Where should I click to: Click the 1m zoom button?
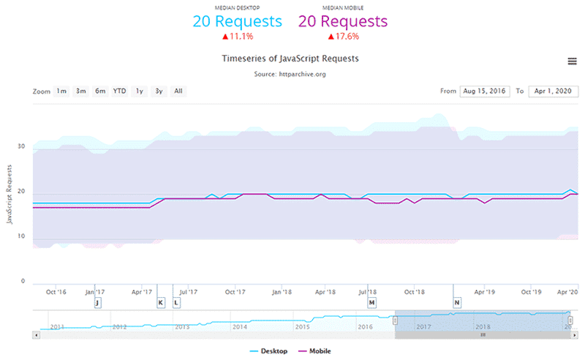(61, 91)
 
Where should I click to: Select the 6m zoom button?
(100, 91)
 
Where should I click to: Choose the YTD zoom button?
(119, 91)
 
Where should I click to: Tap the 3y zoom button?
(158, 91)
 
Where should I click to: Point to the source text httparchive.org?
(290, 75)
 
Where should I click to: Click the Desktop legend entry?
(268, 351)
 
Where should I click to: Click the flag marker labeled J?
(97, 302)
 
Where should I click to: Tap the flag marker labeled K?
(161, 302)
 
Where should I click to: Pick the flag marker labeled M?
(371, 302)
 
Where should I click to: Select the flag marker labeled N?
(457, 302)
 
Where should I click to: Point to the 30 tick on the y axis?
(21, 147)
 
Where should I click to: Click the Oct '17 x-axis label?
(235, 291)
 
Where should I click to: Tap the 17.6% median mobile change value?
(344, 36)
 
